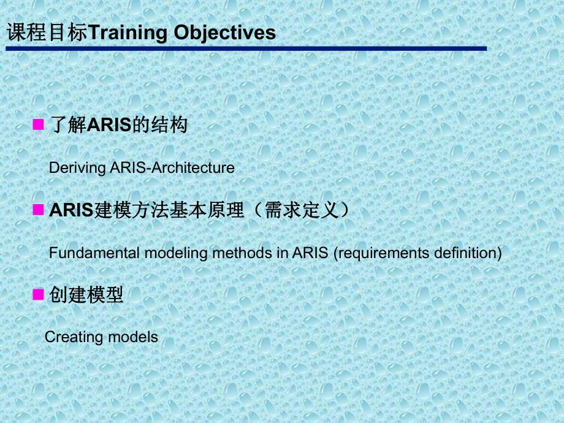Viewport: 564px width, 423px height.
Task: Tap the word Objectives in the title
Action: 225,32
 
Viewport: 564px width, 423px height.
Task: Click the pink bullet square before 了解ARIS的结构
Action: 38,125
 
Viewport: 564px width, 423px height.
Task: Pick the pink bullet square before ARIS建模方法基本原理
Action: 38,210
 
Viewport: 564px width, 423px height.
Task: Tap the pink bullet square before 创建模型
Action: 38,295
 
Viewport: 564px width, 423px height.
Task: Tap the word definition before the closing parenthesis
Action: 465,253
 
